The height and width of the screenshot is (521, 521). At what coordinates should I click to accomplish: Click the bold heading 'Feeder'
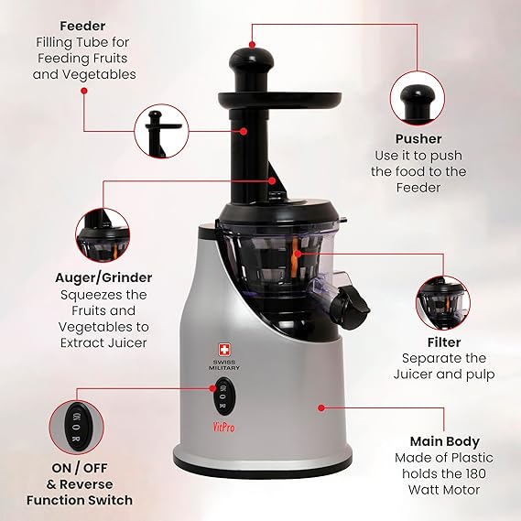pos(82,26)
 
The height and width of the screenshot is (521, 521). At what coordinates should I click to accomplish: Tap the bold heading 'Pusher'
pos(418,139)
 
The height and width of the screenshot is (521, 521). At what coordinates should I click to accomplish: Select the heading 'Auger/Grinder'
pos(103,277)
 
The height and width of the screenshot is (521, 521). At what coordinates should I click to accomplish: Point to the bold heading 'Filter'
pos(444,342)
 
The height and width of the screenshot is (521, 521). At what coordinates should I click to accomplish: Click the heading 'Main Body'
pos(445,441)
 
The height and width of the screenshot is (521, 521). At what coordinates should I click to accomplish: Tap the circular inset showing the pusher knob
pos(418,98)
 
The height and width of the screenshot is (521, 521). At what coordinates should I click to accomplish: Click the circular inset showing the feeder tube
pos(161,131)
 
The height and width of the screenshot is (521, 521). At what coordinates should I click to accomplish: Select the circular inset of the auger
pos(103,235)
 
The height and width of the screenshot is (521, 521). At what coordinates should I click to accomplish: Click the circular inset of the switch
pos(76,427)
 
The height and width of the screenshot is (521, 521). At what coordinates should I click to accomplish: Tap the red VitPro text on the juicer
pos(223,427)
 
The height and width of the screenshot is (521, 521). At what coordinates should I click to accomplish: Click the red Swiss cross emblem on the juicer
pos(224,350)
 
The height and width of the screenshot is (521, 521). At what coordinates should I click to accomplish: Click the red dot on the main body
pos(320,407)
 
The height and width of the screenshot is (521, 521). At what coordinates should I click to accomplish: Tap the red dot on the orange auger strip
pos(298,254)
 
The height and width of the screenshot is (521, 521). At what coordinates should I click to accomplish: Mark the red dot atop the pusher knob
pos(252,44)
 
